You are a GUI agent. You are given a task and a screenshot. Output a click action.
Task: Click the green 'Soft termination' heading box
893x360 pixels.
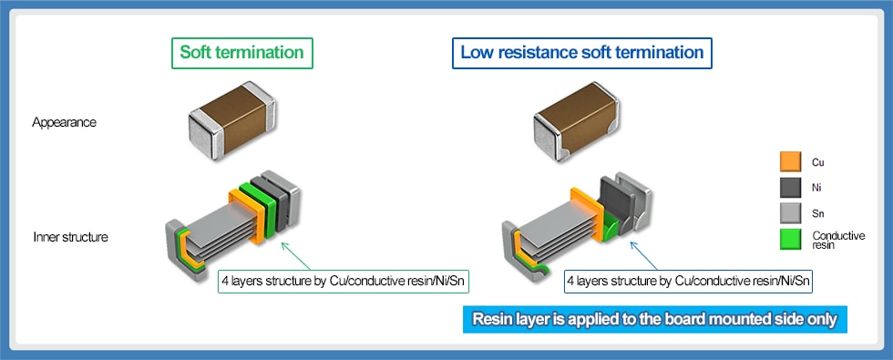pyautogui.click(x=241, y=52)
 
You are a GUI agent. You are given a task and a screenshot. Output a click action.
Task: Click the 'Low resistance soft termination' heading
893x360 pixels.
pyautogui.click(x=581, y=52)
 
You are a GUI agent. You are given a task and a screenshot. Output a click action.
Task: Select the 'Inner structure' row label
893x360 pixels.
pyautogui.click(x=70, y=237)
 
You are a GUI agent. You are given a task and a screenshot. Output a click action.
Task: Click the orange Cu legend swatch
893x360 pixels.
pyautogui.click(x=790, y=162)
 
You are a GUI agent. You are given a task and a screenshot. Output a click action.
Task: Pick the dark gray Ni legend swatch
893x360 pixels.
pyautogui.click(x=790, y=188)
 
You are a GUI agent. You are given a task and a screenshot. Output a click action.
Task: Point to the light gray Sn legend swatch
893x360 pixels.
pyautogui.click(x=790, y=214)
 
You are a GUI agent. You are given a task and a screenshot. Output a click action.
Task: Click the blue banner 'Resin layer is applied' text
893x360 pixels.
pyautogui.click(x=654, y=320)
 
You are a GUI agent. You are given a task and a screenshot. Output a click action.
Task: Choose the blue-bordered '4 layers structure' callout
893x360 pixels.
pyautogui.click(x=688, y=281)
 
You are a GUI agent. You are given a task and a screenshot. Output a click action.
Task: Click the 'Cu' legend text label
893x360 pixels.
pyautogui.click(x=816, y=162)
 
